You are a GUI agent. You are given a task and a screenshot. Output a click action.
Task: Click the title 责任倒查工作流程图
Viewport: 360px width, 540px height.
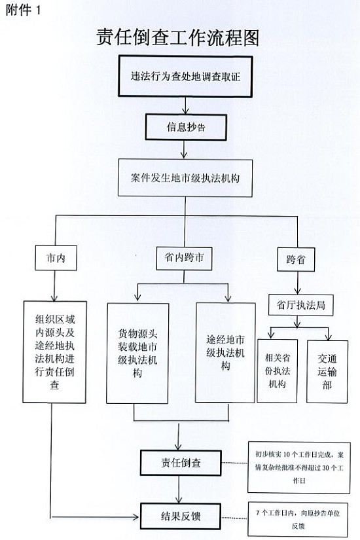coord(178,37)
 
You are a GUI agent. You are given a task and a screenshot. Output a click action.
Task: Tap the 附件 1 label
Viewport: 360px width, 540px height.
coord(23,10)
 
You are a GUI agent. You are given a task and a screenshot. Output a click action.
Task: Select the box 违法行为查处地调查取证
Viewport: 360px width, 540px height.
coord(185,77)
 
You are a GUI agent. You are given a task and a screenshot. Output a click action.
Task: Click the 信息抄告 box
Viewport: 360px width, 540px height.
coord(186,128)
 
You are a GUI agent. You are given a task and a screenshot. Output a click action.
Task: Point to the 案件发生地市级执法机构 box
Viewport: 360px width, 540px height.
coord(185,177)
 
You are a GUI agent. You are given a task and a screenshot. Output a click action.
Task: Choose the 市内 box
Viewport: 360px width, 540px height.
coord(56,258)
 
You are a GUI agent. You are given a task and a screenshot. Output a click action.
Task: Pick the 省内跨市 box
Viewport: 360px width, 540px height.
coord(184,258)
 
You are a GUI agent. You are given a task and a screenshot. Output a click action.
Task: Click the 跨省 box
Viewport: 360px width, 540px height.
coord(296,259)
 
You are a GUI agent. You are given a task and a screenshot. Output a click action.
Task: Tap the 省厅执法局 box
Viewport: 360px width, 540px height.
coord(300,305)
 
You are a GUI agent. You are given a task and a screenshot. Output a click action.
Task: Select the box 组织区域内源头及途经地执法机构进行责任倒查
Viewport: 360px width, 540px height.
coord(55,352)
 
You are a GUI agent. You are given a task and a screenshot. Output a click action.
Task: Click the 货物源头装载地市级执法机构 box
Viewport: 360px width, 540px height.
coord(137,353)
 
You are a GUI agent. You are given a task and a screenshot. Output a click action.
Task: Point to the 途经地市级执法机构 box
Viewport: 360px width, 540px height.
coord(225,353)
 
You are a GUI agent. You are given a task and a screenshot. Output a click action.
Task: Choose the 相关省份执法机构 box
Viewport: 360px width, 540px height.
coord(278,371)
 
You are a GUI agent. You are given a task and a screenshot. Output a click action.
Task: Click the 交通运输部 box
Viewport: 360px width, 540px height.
coord(327,372)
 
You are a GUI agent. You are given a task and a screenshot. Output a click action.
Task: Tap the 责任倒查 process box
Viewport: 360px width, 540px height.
coord(181,463)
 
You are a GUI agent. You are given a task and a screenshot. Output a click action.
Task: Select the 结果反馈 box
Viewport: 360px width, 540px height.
coord(181,516)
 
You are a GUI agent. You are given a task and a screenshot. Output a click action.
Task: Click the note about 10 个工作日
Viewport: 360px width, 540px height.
coord(299,468)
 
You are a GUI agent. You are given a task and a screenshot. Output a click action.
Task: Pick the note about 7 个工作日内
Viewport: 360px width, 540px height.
coord(298,519)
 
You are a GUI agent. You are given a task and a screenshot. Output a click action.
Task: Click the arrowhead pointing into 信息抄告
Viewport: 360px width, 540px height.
coord(185,111)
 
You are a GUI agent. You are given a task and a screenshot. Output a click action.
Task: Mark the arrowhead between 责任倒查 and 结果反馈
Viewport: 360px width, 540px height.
coord(179,499)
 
